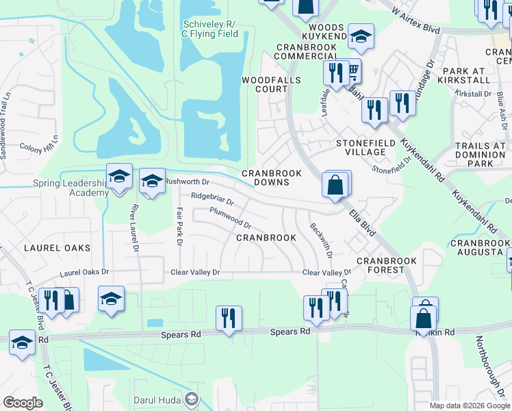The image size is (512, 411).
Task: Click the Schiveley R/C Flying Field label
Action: pyautogui.click(x=210, y=29)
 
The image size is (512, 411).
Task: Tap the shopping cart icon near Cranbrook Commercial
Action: pyautogui.click(x=353, y=70)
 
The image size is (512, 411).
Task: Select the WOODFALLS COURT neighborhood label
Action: pyautogui.click(x=264, y=84)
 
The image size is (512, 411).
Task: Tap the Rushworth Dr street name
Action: pyautogui.click(x=187, y=182)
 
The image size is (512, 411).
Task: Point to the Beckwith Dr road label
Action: pyautogui.click(x=320, y=240)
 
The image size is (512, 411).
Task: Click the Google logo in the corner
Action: pyautogui.click(x=23, y=403)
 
